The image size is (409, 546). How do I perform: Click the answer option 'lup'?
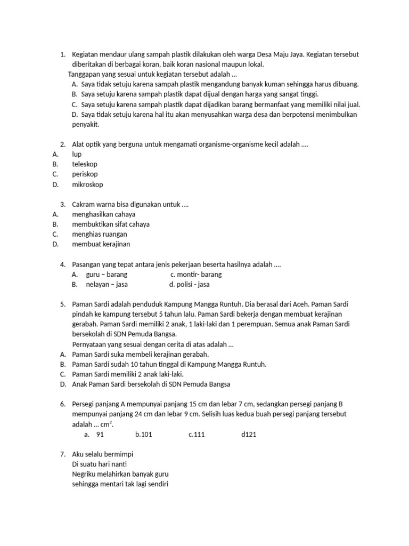pyautogui.click(x=77, y=154)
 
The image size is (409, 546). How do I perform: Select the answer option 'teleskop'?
pyautogui.click(x=85, y=164)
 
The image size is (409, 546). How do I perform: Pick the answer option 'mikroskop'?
pyautogui.click(x=87, y=184)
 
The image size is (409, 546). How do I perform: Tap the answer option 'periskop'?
pyautogui.click(x=85, y=174)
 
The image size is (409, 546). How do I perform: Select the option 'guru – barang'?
pyautogui.click(x=107, y=275)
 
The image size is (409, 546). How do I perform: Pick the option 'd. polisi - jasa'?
pyautogui.click(x=189, y=285)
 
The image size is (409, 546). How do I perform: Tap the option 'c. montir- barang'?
pyautogui.click(x=195, y=275)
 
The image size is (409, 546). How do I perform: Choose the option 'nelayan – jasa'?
pyautogui.click(x=107, y=285)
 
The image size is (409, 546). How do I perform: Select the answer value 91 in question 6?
pyautogui.click(x=100, y=435)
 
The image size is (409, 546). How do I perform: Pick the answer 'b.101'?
pyautogui.click(x=144, y=435)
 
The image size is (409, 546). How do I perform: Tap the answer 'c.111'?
pyautogui.click(x=197, y=435)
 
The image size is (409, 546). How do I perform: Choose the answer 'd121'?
pyautogui.click(x=249, y=435)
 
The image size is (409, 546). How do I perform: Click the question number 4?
pyautogui.click(x=62, y=264)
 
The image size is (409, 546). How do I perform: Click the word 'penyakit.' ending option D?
pyautogui.click(x=86, y=124)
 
